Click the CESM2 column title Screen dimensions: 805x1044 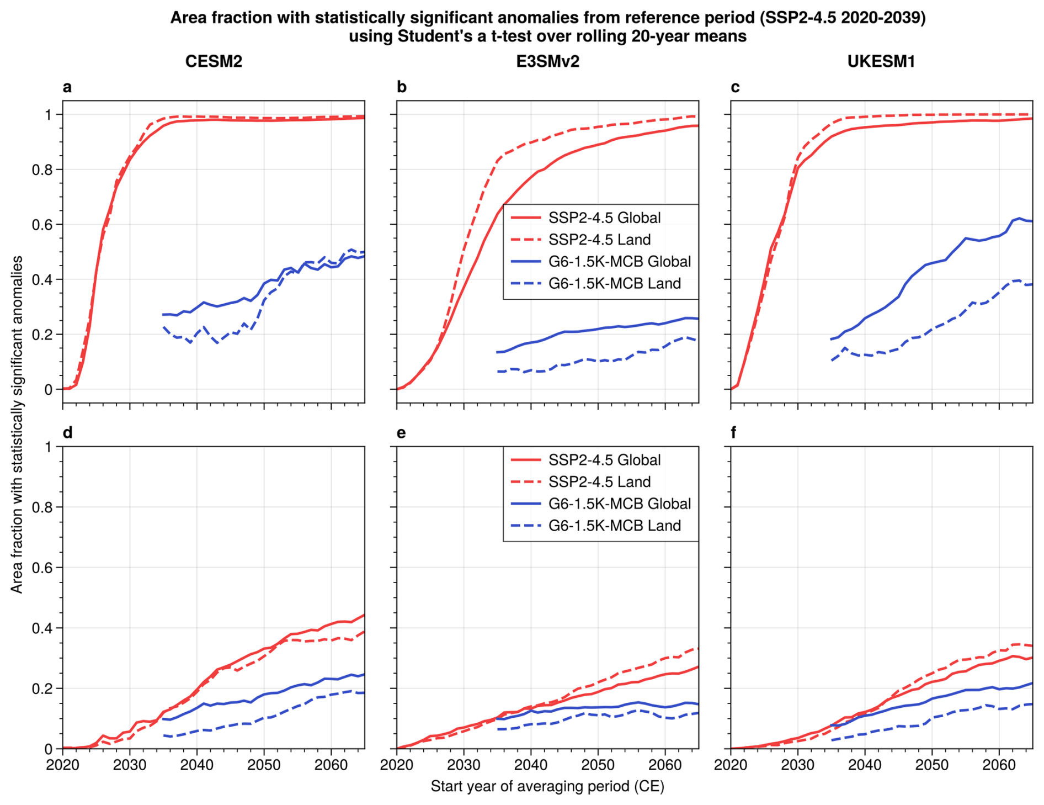click(x=214, y=61)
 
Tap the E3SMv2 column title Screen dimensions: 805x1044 click(x=547, y=61)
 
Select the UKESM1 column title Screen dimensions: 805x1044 click(x=881, y=61)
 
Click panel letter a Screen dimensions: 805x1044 click(x=67, y=87)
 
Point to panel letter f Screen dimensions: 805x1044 click(x=733, y=433)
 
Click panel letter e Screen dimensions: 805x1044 click(x=401, y=433)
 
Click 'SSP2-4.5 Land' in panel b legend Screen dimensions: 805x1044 click(x=599, y=240)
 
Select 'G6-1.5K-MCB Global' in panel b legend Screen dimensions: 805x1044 click(x=619, y=261)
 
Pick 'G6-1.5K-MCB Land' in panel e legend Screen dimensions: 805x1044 click(x=614, y=526)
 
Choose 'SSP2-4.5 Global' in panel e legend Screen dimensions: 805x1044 click(x=604, y=460)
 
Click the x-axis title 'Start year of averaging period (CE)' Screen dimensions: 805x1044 click(x=547, y=786)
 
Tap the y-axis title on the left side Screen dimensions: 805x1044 click(x=17, y=424)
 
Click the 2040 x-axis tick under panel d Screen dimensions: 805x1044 click(x=197, y=765)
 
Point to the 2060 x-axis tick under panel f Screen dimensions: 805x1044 click(x=999, y=765)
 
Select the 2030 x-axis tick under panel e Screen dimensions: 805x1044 click(x=464, y=765)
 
